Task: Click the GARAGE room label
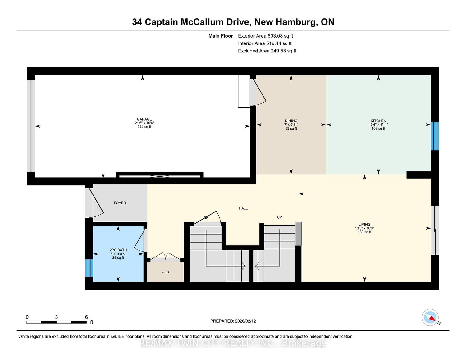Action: (x=144, y=119)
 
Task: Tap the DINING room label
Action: (x=291, y=121)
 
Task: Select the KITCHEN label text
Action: (x=378, y=121)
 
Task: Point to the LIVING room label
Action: (x=364, y=224)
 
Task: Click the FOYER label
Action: (x=120, y=203)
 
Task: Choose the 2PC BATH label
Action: (x=118, y=250)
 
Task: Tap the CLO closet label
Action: (x=165, y=272)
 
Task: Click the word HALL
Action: (x=243, y=208)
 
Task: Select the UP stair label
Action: (x=279, y=217)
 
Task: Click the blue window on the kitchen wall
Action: (x=435, y=136)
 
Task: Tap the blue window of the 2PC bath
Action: (x=89, y=268)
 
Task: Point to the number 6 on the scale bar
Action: (x=86, y=317)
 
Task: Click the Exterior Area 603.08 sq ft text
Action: (x=266, y=36)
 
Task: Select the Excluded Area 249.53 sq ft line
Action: (x=267, y=51)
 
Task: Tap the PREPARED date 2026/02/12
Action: (x=245, y=321)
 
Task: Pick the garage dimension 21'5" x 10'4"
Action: (x=144, y=123)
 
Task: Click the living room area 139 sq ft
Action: (x=364, y=232)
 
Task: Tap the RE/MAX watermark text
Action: (x=233, y=343)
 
